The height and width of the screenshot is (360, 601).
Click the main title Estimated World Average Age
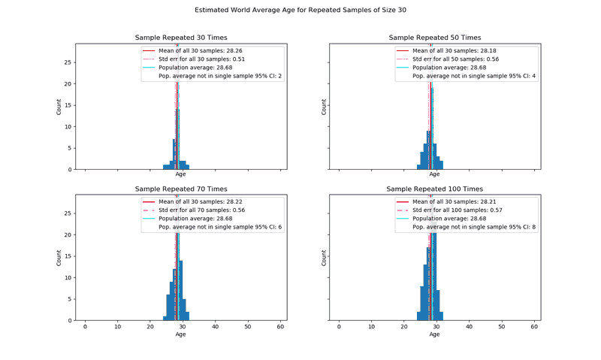click(x=300, y=11)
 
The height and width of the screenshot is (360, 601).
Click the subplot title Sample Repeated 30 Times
click(x=180, y=38)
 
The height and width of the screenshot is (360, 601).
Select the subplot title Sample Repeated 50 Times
click(x=434, y=38)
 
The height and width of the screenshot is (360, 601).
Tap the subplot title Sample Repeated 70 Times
click(x=180, y=189)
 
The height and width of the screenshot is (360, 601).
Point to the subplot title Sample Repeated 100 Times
click(x=434, y=189)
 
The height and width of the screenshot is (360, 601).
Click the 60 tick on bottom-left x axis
click(x=280, y=327)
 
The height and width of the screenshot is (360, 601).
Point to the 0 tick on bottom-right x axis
click(x=339, y=327)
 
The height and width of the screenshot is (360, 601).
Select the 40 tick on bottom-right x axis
click(x=469, y=327)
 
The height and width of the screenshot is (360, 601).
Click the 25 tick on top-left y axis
click(x=69, y=62)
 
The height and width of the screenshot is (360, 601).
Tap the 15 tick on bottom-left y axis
click(x=69, y=256)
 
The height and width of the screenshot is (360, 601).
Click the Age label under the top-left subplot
click(x=180, y=174)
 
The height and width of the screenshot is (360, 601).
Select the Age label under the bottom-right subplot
click(x=434, y=334)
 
